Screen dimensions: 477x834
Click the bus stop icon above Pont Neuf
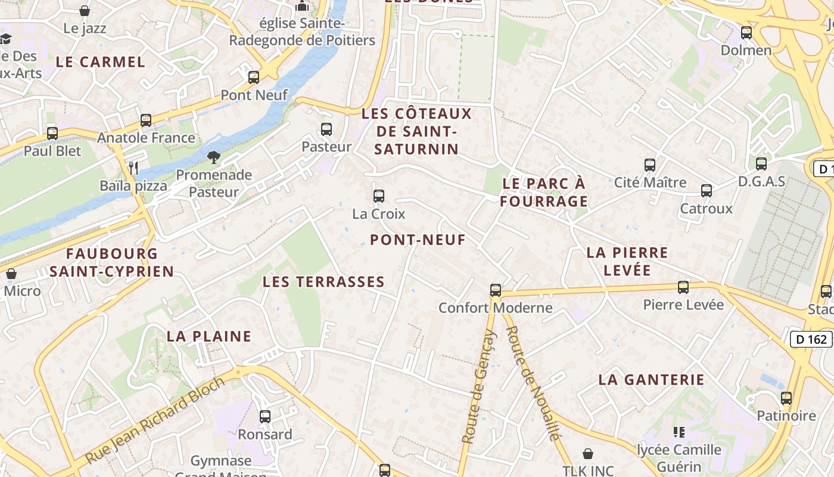coord(254,77)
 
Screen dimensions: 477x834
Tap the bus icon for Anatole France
coord(146,120)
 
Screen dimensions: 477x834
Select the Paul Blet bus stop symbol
coord(52,133)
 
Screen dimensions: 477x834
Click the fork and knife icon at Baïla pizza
coord(133,168)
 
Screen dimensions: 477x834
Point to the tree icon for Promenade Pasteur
coord(213,157)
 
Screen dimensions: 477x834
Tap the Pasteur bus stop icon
coord(326,129)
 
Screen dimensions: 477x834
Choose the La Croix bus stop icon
coord(379,196)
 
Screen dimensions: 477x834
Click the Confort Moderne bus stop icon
coord(496,290)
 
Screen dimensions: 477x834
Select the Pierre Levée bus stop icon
coord(683,287)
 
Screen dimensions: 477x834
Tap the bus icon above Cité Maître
coord(650,165)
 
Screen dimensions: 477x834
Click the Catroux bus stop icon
coord(707,191)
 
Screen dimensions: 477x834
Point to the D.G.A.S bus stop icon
coord(761,163)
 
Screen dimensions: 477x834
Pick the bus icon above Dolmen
coord(746,32)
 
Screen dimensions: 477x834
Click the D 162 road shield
coord(811,339)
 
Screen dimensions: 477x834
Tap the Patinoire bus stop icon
coord(786,398)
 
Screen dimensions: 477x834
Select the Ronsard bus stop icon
coord(265,416)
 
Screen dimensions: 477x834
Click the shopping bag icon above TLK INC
coord(588,454)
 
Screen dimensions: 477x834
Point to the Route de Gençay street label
coord(479,388)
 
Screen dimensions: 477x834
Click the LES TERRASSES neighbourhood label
coord(323,281)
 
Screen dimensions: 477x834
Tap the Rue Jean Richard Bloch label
coord(155,420)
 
